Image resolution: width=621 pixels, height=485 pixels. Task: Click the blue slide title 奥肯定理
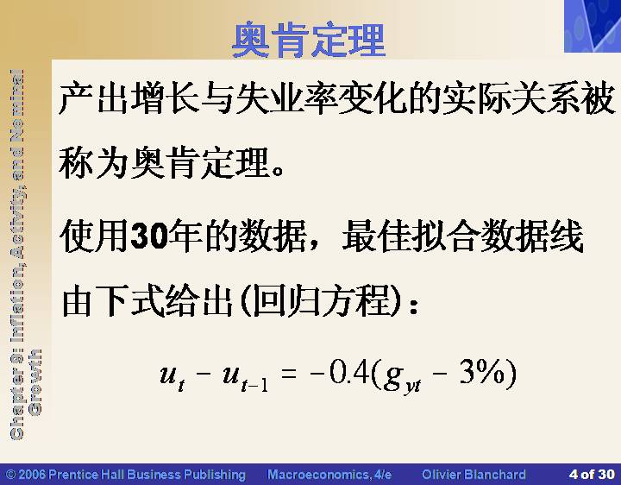pos(309,40)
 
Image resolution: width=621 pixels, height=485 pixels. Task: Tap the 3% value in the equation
pos(482,373)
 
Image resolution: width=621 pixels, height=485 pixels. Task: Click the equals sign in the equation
pos(288,373)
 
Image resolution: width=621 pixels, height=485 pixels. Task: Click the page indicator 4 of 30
pos(592,474)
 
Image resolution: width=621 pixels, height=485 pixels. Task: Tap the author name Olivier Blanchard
pos(474,475)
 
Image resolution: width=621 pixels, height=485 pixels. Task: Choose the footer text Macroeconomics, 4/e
pos(329,475)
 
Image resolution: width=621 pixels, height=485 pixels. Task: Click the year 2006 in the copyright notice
pos(33,475)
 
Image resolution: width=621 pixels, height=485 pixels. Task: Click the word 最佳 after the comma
pos(377,236)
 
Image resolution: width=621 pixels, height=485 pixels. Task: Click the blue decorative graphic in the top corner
pos(593,26)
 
